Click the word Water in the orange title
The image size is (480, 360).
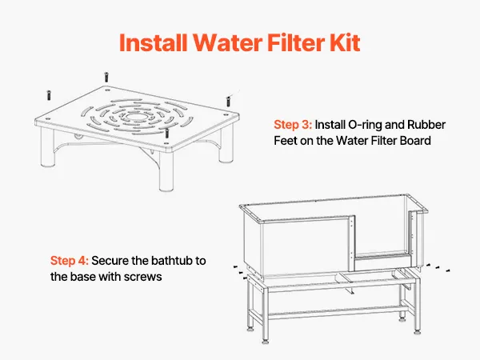(x=227, y=42)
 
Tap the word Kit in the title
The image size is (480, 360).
(x=344, y=42)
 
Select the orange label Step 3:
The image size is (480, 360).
(x=293, y=125)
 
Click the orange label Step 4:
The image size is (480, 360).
(x=70, y=261)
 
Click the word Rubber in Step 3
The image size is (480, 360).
(x=426, y=125)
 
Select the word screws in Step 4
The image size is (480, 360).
(x=142, y=277)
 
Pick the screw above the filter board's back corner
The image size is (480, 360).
(x=106, y=77)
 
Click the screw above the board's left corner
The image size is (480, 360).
(x=48, y=95)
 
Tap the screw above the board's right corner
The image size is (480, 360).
(x=228, y=102)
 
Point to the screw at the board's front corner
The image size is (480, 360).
(x=167, y=133)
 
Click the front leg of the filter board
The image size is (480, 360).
(x=166, y=171)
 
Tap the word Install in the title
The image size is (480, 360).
(x=153, y=42)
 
